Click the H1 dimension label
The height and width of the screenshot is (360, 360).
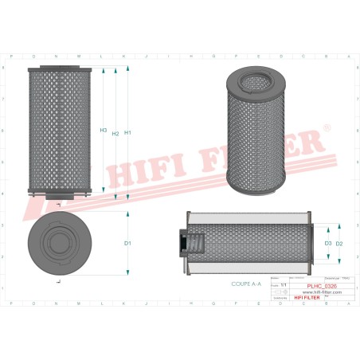[127, 132]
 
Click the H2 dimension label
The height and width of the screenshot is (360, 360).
[115, 133]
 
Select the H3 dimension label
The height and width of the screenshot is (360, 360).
[104, 130]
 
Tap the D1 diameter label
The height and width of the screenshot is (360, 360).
[127, 243]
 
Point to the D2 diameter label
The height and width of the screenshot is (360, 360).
[339, 243]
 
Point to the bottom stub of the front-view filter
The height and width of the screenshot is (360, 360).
[60, 197]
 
